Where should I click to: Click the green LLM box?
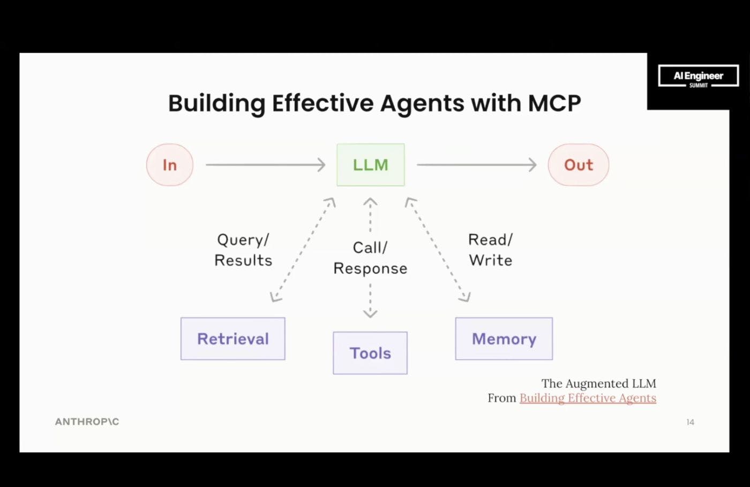point(370,165)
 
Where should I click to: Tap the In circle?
point(169,165)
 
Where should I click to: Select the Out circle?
point(578,165)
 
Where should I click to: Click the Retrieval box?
point(232,339)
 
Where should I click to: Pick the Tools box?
point(370,353)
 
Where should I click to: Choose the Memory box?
point(504,339)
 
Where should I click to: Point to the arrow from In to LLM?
point(265,165)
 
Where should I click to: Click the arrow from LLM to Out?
point(476,165)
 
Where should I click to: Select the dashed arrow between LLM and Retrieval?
point(303,250)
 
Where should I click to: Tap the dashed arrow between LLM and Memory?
point(438,250)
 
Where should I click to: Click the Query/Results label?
point(243,250)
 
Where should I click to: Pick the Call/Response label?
point(370,258)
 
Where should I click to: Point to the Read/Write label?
point(490,250)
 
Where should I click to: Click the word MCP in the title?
point(554,103)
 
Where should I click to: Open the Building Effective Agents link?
point(588,398)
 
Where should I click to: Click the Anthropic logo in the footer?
point(87,422)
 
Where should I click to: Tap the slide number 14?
point(690,422)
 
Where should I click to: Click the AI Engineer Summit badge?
point(698,76)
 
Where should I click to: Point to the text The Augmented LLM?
point(598,384)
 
